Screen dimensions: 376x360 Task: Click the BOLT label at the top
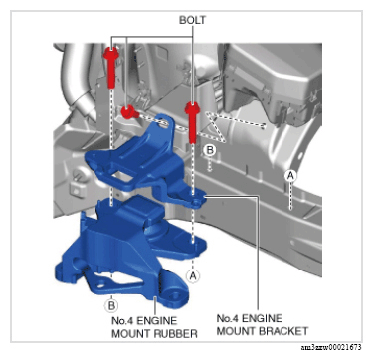[x=192, y=20]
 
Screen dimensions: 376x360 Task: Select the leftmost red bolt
[x=111, y=67]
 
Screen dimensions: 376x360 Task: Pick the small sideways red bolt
[x=129, y=112]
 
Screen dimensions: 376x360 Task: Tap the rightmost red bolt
[x=192, y=122]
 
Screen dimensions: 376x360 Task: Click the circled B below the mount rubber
[x=111, y=305]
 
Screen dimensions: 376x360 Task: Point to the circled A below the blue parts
[x=193, y=274]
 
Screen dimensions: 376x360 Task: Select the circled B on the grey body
[x=210, y=150]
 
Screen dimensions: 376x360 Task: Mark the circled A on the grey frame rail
[x=290, y=176]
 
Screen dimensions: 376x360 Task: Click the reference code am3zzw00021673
[x=331, y=348]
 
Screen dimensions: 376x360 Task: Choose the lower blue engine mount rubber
[x=131, y=252]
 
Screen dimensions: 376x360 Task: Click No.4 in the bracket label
[x=228, y=318]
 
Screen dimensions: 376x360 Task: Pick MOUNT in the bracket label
[x=237, y=331]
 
